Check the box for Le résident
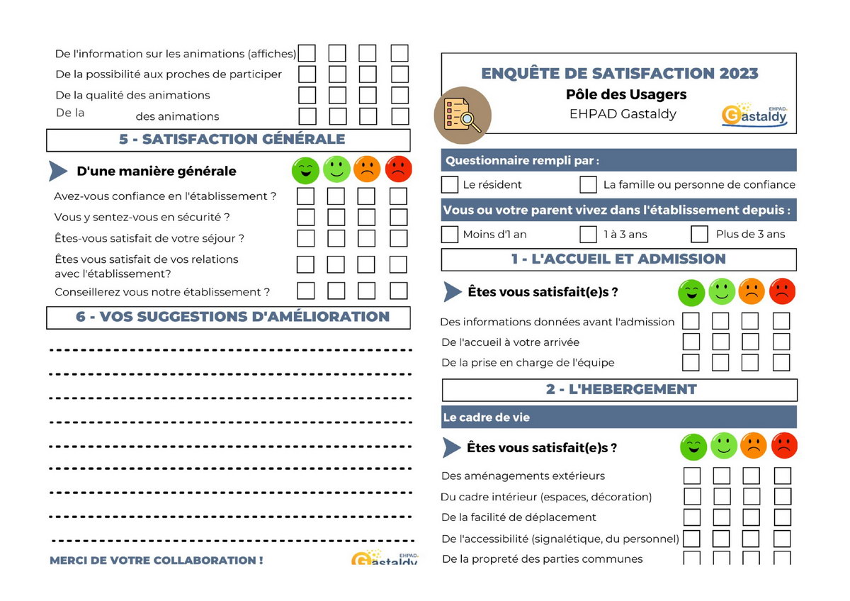coord(450,185)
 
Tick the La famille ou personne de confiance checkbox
coord(588,185)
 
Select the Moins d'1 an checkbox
coord(450,234)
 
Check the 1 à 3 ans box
coord(588,234)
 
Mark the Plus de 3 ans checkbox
coord(699,234)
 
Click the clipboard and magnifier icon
coord(462,115)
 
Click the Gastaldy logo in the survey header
coord(755,115)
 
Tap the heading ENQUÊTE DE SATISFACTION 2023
coord(619,73)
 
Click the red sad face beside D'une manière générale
coord(398,170)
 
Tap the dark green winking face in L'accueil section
coord(691,291)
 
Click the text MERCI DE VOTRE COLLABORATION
coord(157,560)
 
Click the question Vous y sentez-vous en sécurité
coord(142,217)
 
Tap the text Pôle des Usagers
coord(626,94)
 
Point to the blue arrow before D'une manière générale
coord(58,171)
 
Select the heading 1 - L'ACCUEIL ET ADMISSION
coord(618,259)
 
